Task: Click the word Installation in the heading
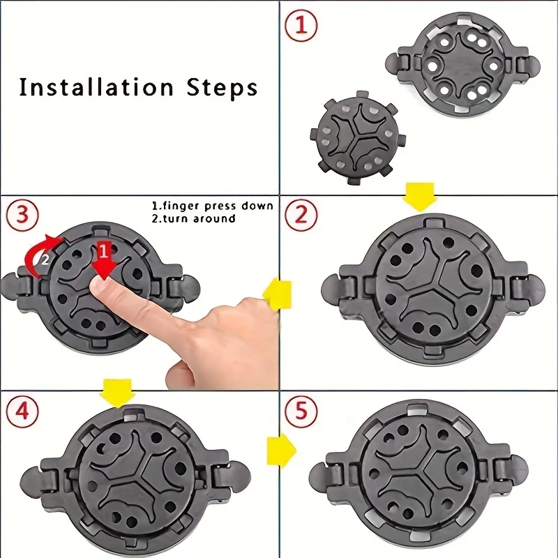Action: (96, 87)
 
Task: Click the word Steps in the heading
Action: (222, 87)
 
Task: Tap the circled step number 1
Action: (301, 26)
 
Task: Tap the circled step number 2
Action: (301, 215)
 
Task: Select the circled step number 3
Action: (22, 215)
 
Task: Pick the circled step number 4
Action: (22, 412)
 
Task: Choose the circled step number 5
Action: (301, 412)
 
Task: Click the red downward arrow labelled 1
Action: (103, 259)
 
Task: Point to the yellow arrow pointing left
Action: (277, 294)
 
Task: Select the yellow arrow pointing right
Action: (281, 450)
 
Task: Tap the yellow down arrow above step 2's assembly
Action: (420, 197)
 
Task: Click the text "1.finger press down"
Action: (213, 206)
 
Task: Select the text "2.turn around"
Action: (194, 218)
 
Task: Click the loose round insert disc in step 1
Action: (358, 137)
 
